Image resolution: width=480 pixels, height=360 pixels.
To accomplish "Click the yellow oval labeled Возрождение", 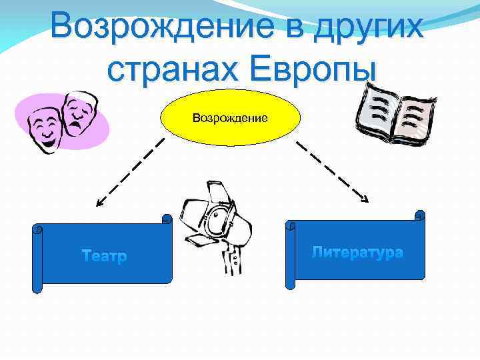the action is (x=230, y=118).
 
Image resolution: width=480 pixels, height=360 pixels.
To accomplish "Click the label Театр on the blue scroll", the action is (x=104, y=256).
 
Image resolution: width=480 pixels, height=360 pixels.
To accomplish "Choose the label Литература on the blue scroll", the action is (x=357, y=252).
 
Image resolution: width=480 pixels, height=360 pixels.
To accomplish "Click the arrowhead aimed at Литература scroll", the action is (x=365, y=198).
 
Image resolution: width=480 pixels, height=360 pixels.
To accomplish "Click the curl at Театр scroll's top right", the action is (x=167, y=219).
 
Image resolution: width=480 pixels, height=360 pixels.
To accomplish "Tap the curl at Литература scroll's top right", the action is (x=419, y=216).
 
